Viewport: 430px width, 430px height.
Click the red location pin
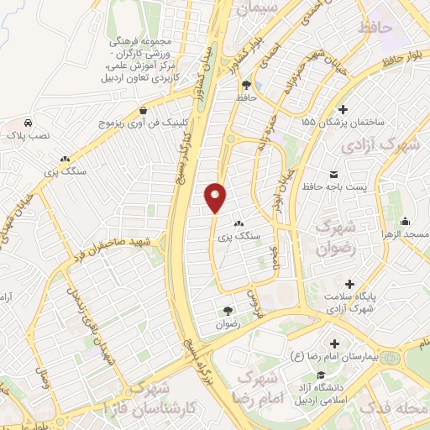click(216, 197)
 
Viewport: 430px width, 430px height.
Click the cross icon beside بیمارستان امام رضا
click(336, 343)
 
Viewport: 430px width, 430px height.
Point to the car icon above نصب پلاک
click(29, 122)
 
